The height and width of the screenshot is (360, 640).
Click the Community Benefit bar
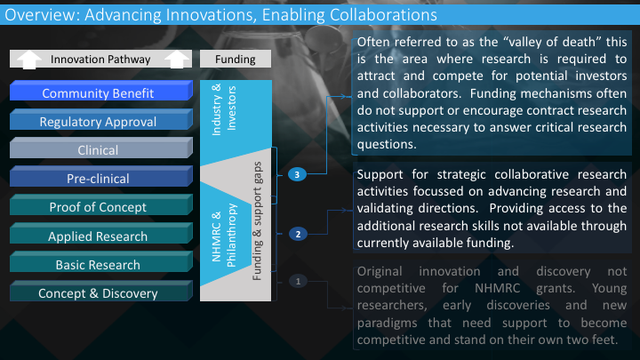click(101, 91)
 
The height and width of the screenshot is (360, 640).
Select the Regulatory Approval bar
click(101, 119)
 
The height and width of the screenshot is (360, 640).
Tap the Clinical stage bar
click(101, 148)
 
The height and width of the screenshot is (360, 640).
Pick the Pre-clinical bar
click(101, 176)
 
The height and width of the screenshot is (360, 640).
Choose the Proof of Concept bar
click(101, 205)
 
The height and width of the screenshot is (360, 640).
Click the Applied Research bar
click(101, 234)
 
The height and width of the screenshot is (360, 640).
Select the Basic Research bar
click(101, 262)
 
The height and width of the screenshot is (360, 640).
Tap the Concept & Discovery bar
click(101, 291)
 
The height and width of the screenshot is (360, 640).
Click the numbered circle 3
click(297, 175)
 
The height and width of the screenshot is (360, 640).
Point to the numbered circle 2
click(298, 235)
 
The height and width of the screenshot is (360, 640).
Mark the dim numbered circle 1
click(298, 281)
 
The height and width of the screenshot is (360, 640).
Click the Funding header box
click(236, 60)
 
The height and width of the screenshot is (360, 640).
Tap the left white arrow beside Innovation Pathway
click(29, 60)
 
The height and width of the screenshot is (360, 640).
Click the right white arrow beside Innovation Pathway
click(176, 60)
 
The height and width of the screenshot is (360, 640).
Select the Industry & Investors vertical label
click(224, 109)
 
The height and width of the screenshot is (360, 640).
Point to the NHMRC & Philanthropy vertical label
click(224, 236)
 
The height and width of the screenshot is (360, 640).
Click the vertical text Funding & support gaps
click(257, 221)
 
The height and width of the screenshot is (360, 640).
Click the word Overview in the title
click(42, 15)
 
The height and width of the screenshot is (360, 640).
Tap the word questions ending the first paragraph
click(387, 145)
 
